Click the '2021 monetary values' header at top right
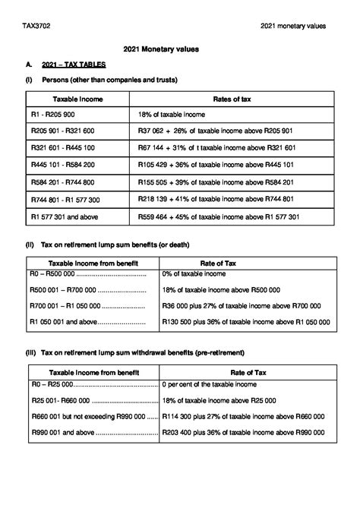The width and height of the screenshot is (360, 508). [292, 26]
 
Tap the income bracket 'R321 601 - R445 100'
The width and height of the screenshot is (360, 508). [63, 147]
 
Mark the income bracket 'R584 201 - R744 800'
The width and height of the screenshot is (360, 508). [63, 182]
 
